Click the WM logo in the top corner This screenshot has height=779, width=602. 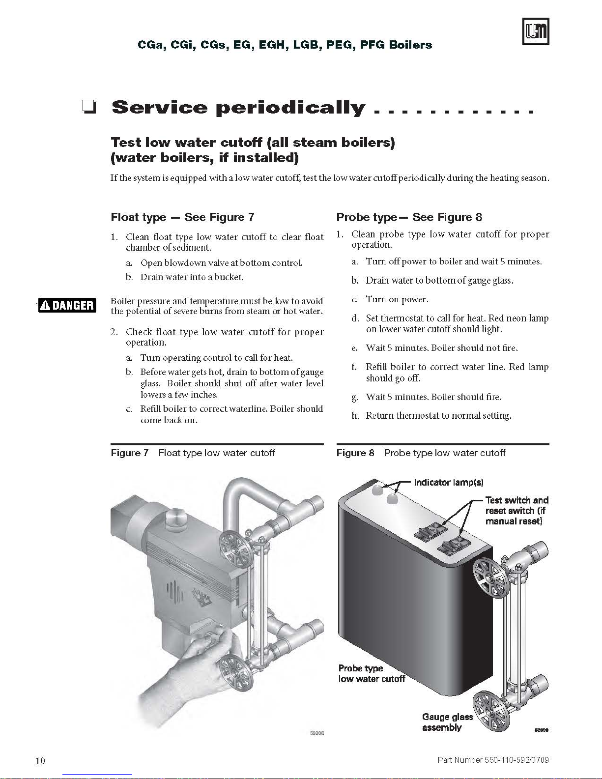pos(535,31)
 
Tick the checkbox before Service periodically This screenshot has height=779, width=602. pos(89,107)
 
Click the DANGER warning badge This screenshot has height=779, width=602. pos(67,305)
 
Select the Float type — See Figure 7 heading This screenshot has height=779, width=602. pos(182,217)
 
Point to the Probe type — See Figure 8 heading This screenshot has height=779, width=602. pos(409,217)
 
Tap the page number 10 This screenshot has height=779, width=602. pos(40,761)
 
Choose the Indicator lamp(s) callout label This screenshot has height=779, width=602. pos(449,482)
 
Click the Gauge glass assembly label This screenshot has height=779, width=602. pos(447,722)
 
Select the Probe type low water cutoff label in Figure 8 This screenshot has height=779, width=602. pos(372,673)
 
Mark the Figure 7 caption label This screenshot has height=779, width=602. pos(129,453)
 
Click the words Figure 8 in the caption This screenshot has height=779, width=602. pos(355,453)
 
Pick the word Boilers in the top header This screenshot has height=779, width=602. pos(410,45)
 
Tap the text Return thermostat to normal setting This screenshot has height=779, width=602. pos(438,415)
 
